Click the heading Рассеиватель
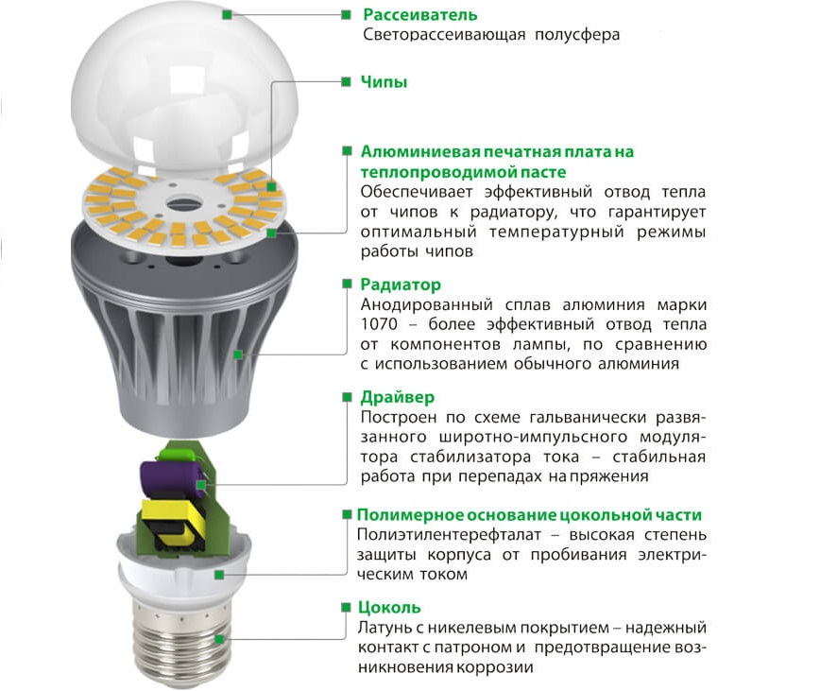pyautogui.click(x=420, y=14)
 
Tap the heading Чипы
pyautogui.click(x=384, y=82)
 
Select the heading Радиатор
pyautogui.click(x=401, y=285)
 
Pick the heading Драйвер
pyautogui.click(x=398, y=398)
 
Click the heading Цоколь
pyautogui.click(x=389, y=607)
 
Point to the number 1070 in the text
pyautogui.click(x=379, y=324)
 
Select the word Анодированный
pyautogui.click(x=427, y=305)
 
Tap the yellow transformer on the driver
pyautogui.click(x=168, y=524)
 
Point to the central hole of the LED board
pyautogui.click(x=183, y=202)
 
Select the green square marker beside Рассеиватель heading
pyautogui.click(x=346, y=14)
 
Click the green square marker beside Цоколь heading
pyautogui.click(x=346, y=607)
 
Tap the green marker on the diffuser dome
pyautogui.click(x=227, y=14)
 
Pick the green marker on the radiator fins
pyautogui.click(x=238, y=354)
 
